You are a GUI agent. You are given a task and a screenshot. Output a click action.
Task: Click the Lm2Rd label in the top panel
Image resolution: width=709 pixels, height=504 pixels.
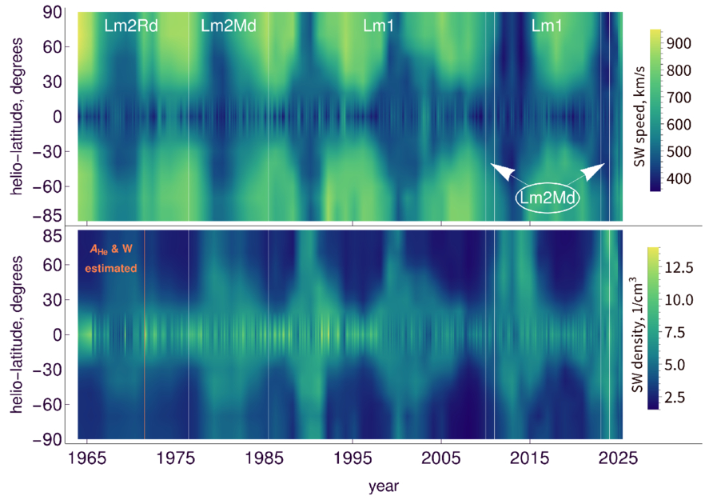(x=131, y=26)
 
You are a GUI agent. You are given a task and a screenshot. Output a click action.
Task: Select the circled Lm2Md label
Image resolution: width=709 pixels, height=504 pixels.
(x=548, y=198)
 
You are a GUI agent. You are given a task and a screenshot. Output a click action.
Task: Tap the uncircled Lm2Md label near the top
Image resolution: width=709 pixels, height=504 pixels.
(x=229, y=26)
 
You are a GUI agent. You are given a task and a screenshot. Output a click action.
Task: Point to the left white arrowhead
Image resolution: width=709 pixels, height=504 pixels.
(x=502, y=171)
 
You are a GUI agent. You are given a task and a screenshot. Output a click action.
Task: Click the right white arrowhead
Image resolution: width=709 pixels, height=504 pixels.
(x=592, y=171)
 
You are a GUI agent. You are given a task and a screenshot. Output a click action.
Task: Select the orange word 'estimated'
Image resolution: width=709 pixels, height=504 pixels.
(x=111, y=268)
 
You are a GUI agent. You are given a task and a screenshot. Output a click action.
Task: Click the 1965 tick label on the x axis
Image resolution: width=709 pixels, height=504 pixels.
(x=87, y=458)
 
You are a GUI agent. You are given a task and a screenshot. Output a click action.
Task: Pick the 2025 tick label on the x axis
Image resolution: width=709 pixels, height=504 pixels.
(x=618, y=458)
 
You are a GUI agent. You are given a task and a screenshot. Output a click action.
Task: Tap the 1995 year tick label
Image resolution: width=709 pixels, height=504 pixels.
(x=353, y=458)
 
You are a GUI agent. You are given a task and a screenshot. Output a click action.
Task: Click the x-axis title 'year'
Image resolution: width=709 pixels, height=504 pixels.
(x=384, y=487)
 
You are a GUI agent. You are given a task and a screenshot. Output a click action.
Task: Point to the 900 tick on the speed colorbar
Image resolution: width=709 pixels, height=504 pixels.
(x=679, y=43)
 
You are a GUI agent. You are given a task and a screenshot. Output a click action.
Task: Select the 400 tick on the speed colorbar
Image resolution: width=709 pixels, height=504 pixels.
(x=679, y=178)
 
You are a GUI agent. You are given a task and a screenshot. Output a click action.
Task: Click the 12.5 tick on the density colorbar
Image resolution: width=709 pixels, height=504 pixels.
(x=679, y=267)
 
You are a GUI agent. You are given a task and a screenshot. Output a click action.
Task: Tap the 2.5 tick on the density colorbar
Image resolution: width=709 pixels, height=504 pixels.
(x=675, y=398)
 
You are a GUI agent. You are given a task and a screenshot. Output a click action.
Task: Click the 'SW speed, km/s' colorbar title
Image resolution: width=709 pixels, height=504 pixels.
(x=639, y=117)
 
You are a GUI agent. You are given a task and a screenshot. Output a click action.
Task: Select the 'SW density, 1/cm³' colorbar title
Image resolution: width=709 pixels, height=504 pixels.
(x=637, y=334)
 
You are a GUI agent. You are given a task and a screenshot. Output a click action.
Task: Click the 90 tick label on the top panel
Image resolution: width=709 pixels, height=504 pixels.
(x=53, y=12)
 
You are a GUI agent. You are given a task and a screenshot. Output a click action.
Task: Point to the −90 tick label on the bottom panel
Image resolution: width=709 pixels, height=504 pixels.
(x=47, y=439)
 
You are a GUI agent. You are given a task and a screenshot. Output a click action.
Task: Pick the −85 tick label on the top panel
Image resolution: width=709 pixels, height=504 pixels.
(x=47, y=216)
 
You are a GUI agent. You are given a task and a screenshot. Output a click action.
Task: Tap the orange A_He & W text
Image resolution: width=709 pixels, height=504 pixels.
(x=111, y=249)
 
